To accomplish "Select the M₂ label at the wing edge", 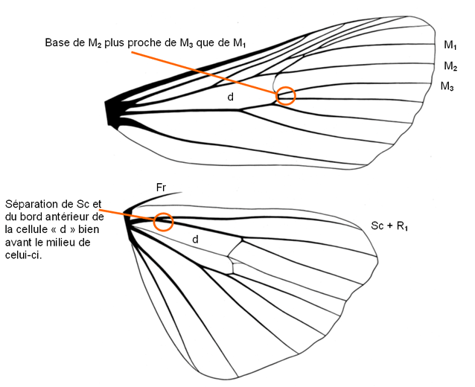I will pyautogui.click(x=450, y=66).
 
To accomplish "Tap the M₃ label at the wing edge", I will pyautogui.click(x=447, y=87).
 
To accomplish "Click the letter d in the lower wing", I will pyautogui.click(x=195, y=240).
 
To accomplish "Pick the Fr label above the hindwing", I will pyautogui.click(x=160, y=187).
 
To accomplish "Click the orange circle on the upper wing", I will pyautogui.click(x=285, y=96).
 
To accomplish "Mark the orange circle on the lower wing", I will pyautogui.click(x=164, y=222).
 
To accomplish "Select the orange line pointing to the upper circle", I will pyautogui.click(x=208, y=72).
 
